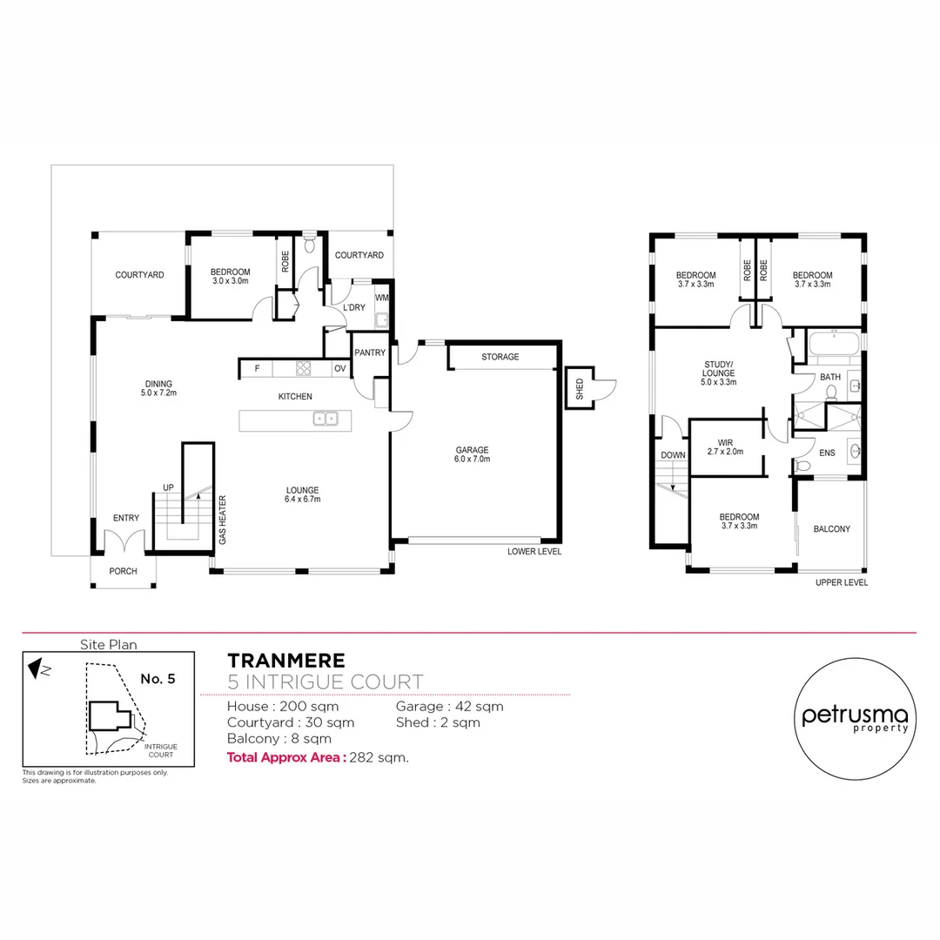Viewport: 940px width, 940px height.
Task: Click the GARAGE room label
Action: [x=473, y=450]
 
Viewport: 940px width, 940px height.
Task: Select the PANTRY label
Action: [x=369, y=352]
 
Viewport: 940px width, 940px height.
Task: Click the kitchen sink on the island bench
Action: [x=326, y=420]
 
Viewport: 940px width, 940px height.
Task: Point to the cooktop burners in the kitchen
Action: [x=304, y=368]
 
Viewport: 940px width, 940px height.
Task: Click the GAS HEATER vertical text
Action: [x=223, y=520]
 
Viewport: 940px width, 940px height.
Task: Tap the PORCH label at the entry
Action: [x=123, y=572]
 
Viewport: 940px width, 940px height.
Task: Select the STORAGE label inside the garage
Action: [x=500, y=357]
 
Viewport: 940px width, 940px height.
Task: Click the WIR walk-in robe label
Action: [x=724, y=441]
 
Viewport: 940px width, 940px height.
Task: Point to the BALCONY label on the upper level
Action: [x=831, y=529]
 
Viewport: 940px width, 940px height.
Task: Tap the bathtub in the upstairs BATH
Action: [x=834, y=348]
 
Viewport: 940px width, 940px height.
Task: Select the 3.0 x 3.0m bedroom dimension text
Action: [x=230, y=281]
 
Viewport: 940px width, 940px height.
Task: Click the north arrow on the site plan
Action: [x=35, y=669]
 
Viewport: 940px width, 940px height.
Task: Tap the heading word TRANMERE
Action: [x=285, y=661]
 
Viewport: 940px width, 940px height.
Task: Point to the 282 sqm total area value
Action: [x=379, y=757]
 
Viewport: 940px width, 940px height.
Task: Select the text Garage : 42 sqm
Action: [x=449, y=707]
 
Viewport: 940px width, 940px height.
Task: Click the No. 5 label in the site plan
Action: [x=158, y=679]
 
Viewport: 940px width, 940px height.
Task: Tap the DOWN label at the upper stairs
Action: [x=673, y=454]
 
